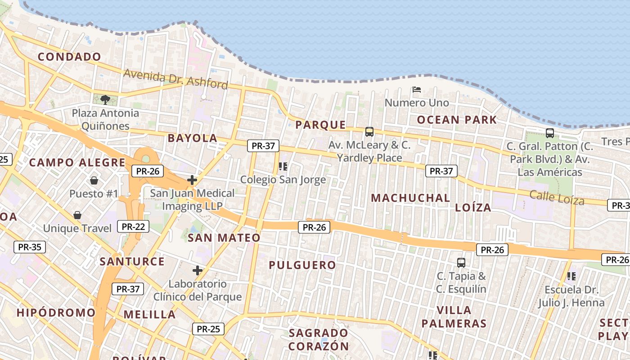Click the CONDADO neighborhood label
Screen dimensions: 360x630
(x=69, y=57)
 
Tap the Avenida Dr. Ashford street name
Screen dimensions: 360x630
(x=175, y=79)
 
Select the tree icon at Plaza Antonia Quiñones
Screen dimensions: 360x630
(x=105, y=99)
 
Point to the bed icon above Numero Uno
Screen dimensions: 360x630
(x=417, y=90)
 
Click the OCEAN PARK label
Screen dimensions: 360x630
(x=457, y=120)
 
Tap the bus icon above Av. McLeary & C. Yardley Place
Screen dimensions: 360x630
(x=369, y=132)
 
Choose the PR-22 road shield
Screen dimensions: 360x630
(x=133, y=226)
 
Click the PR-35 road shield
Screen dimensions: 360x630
(x=30, y=247)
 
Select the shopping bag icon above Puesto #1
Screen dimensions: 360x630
(x=94, y=180)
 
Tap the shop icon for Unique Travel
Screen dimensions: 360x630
(x=77, y=215)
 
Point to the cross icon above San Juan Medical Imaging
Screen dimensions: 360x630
(x=192, y=180)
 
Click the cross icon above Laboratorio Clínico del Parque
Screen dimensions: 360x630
(x=197, y=270)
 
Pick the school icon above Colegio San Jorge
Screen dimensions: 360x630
(x=283, y=166)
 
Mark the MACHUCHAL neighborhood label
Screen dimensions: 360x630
(x=410, y=198)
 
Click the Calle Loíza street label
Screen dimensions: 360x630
(x=557, y=198)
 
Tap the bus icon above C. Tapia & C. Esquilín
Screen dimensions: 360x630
(x=461, y=262)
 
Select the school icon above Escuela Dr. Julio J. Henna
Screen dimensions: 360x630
(x=571, y=276)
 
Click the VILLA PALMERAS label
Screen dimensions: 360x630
(x=454, y=317)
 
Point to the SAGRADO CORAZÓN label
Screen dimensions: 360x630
(x=319, y=340)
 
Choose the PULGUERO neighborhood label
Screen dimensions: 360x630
(x=302, y=265)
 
